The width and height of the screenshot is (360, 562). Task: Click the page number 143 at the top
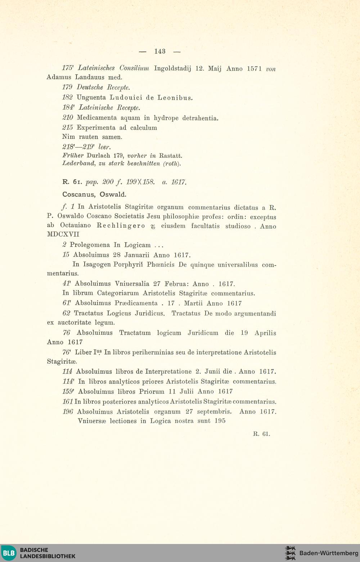tap(159, 51)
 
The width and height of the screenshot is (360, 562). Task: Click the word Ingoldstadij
tap(172, 68)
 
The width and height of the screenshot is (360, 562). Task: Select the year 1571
tap(254, 69)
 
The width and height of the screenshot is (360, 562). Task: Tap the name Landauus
tap(90, 77)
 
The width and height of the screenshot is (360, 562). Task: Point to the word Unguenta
tap(91, 98)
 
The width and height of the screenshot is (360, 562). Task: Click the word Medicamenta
tap(97, 118)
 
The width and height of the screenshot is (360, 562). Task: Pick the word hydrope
tap(166, 118)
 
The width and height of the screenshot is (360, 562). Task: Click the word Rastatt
tap(171, 156)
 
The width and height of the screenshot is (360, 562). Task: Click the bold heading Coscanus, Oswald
tap(94, 194)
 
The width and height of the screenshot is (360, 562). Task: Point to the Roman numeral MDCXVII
tap(63, 234)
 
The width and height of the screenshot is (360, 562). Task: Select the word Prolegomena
tap(90, 245)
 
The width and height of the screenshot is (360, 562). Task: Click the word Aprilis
tap(265, 333)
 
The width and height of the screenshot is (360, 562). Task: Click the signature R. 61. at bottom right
tap(261, 434)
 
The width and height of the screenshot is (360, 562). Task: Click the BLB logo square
tap(9, 553)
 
